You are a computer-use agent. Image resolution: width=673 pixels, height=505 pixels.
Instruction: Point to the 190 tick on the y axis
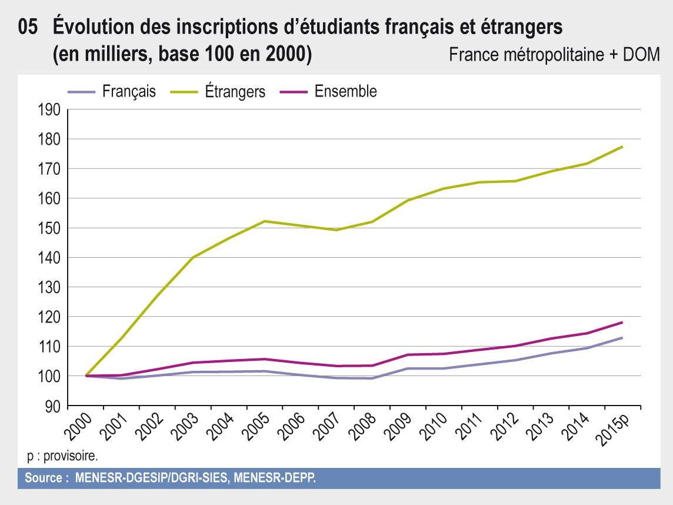tap(49, 109)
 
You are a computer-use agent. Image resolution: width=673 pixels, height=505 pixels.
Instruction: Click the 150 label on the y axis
tap(49, 228)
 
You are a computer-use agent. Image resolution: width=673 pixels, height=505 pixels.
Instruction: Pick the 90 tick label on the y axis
tap(53, 406)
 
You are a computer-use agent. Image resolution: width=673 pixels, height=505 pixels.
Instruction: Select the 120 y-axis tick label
tap(49, 317)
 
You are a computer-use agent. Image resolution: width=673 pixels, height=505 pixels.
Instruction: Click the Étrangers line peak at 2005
tap(265, 221)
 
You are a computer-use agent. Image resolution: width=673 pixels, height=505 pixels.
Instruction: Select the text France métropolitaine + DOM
tap(554, 55)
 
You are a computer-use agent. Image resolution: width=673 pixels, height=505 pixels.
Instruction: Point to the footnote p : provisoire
tap(62, 456)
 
